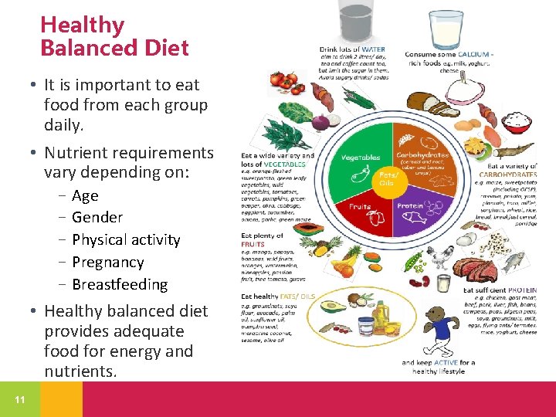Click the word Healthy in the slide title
tap(83, 25)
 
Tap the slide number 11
tap(19, 399)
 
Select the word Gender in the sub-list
tap(97, 218)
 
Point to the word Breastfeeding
tap(120, 284)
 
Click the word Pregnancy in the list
tap(108, 263)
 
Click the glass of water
tap(357, 22)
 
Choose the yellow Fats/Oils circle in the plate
tap(386, 178)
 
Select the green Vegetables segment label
tap(361, 158)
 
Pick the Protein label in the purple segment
tap(409, 206)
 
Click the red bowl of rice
tap(517, 121)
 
